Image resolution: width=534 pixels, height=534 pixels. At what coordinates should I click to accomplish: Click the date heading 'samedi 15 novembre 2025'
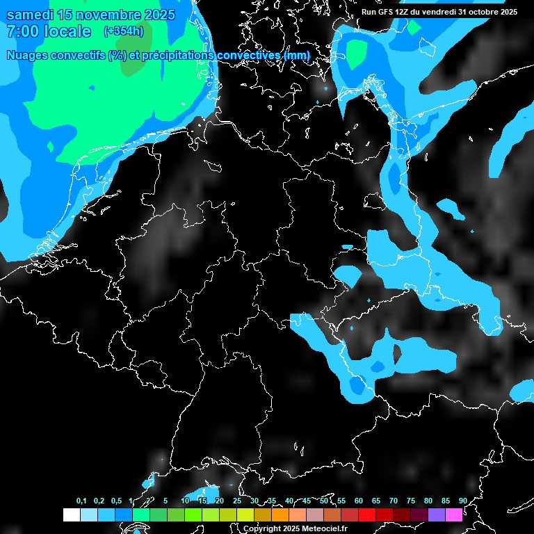(90, 15)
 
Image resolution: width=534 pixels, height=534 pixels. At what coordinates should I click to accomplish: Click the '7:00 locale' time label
(49, 31)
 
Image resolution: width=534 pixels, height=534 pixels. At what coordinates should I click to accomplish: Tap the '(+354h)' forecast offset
(123, 31)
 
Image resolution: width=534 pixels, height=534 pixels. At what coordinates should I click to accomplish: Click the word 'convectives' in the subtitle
(247, 55)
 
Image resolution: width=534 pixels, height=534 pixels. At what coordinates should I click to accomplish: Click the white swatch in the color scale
(71, 515)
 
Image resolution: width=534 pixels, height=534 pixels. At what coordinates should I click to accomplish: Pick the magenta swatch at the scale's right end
(453, 515)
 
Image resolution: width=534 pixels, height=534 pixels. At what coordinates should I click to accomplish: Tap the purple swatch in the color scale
(436, 515)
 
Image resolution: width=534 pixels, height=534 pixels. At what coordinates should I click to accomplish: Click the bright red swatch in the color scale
(366, 515)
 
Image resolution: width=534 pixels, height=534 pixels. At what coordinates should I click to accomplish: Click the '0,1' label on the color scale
(81, 501)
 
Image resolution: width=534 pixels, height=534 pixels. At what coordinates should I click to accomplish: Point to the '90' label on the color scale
(462, 501)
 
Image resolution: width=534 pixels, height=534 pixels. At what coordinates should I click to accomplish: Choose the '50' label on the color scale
(324, 501)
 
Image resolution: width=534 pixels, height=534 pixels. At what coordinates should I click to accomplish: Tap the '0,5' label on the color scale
(116, 501)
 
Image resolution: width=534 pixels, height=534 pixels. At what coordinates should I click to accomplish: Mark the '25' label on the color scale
(236, 501)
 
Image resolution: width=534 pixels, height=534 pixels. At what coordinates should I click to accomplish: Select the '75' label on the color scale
(410, 501)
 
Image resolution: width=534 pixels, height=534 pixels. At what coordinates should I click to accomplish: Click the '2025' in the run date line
(508, 12)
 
